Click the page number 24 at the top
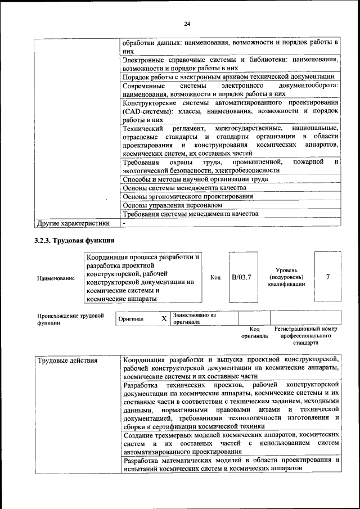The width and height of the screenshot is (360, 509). (x=187, y=23)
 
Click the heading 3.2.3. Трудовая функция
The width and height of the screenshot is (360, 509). (x=75, y=241)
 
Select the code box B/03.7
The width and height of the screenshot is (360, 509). (x=241, y=277)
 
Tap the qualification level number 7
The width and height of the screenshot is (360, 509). (x=328, y=277)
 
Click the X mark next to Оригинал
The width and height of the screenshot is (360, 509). (x=164, y=319)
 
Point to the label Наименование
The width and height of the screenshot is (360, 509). (x=56, y=278)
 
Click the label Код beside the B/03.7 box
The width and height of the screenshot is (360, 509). (x=215, y=277)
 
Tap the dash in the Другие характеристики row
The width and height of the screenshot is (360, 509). (x=125, y=223)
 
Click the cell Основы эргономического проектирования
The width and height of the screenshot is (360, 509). (x=187, y=196)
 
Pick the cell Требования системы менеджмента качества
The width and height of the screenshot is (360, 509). (x=190, y=214)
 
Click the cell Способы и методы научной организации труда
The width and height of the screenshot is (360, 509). (x=195, y=179)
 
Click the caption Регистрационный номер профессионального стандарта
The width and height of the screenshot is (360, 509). (x=305, y=335)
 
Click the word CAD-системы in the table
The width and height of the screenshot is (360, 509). (x=146, y=111)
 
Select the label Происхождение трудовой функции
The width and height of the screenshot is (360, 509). (x=71, y=319)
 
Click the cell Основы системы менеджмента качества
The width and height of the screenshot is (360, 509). (x=184, y=188)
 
